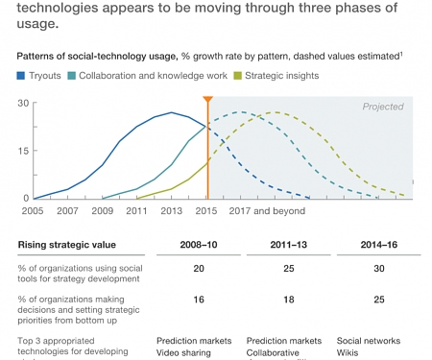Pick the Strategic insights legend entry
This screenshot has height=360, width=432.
click(283, 75)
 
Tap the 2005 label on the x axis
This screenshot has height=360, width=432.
click(32, 209)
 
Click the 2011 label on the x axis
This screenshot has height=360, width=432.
click(136, 209)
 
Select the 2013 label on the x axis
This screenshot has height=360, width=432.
click(172, 209)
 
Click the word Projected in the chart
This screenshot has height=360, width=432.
click(382, 107)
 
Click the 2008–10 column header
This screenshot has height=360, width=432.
click(200, 245)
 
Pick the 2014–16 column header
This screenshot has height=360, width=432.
click(379, 245)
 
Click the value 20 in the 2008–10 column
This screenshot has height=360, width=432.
click(199, 269)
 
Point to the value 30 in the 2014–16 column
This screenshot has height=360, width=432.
click(379, 269)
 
